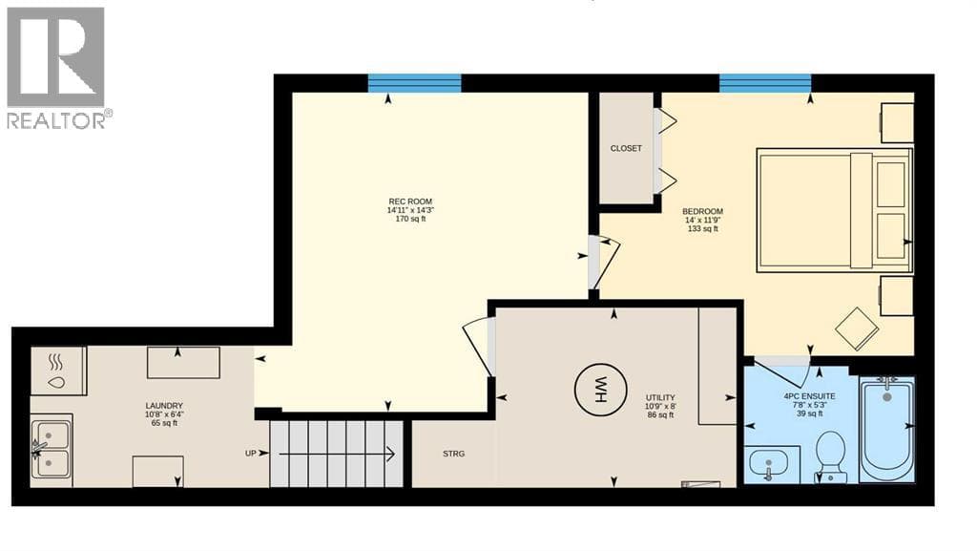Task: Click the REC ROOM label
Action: click(410, 201)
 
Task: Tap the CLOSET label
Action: click(626, 148)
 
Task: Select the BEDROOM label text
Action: click(702, 211)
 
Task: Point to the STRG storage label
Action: click(453, 454)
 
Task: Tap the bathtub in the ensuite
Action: click(886, 429)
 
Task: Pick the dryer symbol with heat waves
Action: click(58, 371)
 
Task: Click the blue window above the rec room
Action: click(414, 83)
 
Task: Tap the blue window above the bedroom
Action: click(765, 83)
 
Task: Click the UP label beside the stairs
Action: click(251, 454)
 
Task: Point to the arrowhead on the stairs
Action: click(390, 455)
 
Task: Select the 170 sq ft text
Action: click(410, 219)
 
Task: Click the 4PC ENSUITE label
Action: click(809, 396)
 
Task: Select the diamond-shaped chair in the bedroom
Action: click(857, 328)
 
